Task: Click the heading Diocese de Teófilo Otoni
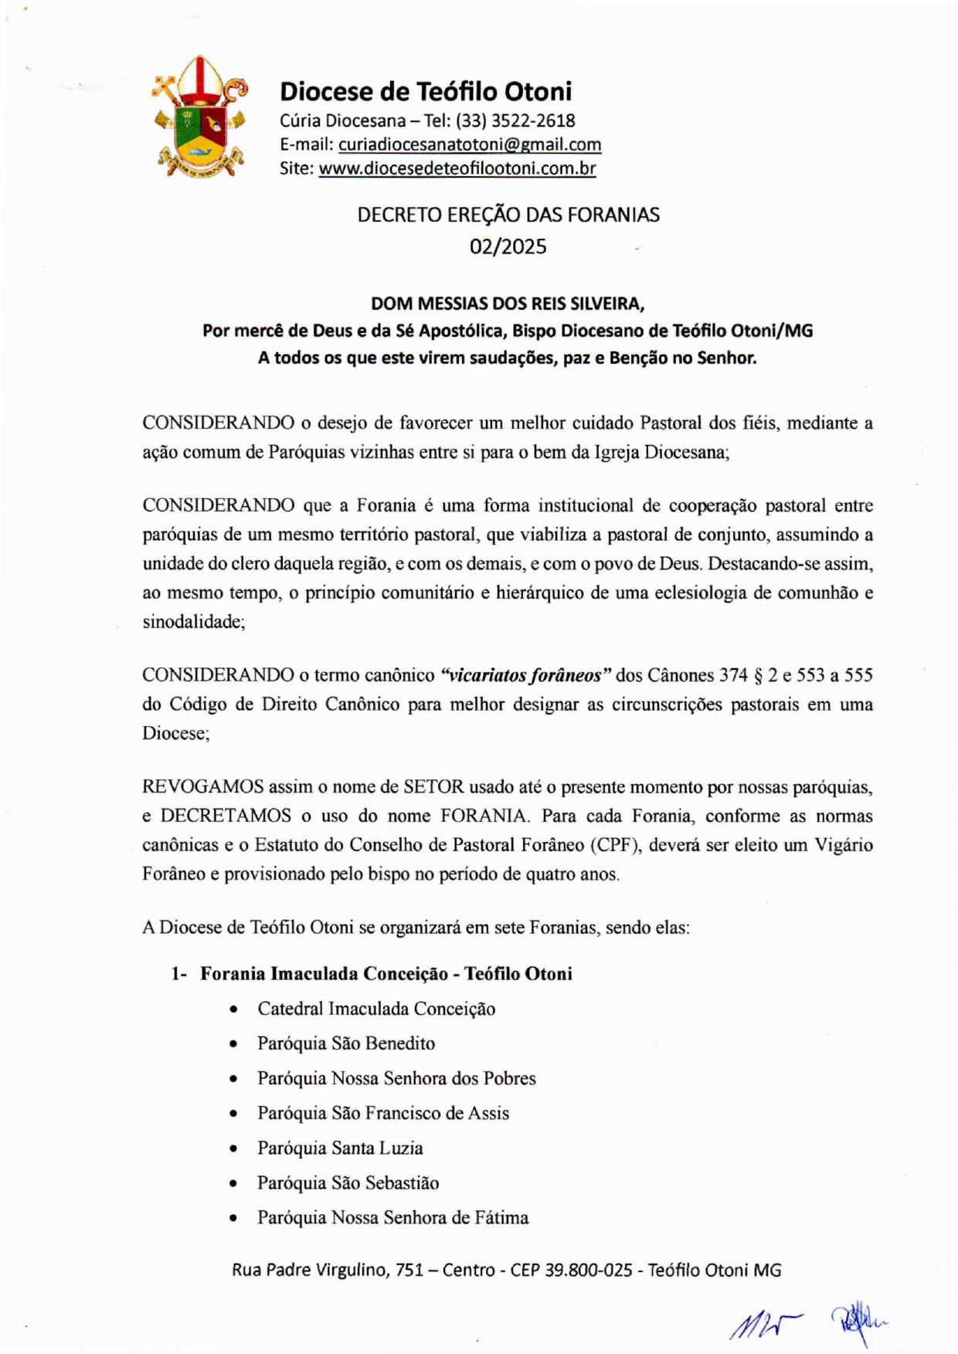(426, 91)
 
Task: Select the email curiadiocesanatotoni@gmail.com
(470, 144)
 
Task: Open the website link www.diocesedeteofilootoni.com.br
(457, 168)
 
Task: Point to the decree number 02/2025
(508, 246)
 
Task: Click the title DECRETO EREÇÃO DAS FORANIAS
(508, 215)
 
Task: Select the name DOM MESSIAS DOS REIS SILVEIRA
(508, 303)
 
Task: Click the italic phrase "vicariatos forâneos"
(525, 675)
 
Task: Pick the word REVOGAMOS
(202, 787)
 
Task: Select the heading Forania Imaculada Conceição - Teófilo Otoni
(386, 973)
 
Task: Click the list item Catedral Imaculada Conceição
(376, 1009)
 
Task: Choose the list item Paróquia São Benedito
(346, 1043)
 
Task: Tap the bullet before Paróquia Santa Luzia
(233, 1149)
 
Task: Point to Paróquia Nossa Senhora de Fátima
(393, 1218)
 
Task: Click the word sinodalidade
(193, 622)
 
